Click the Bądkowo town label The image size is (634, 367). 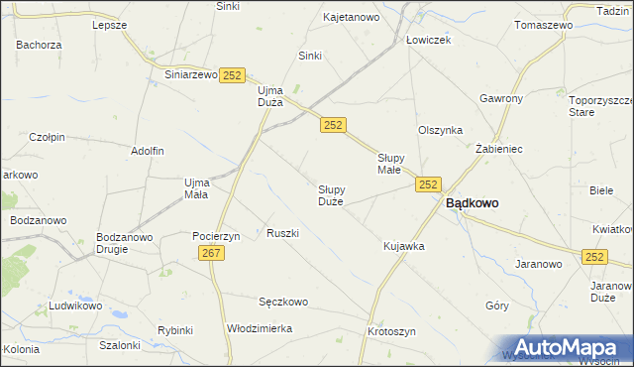472,202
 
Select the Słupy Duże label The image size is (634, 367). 331,194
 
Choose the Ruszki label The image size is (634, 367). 282,233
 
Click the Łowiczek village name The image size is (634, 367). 428,40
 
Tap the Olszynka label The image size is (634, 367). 440,130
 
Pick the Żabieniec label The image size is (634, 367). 498,148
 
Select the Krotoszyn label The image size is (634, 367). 391,331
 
